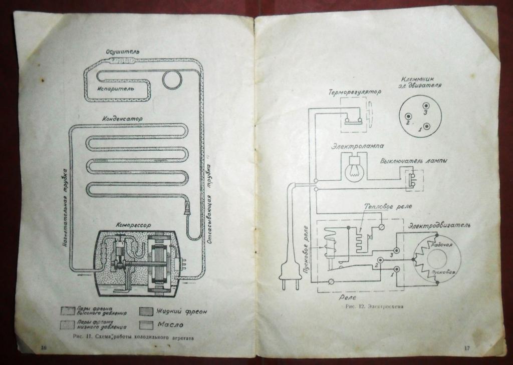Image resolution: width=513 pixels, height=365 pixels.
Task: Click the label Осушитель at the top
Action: pyautogui.click(x=123, y=52)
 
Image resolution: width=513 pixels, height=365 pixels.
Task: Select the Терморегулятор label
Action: pyautogui.click(x=355, y=93)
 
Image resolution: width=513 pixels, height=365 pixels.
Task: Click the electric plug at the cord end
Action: pyautogui.click(x=289, y=275)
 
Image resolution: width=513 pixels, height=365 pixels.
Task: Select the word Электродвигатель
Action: pyautogui.click(x=439, y=226)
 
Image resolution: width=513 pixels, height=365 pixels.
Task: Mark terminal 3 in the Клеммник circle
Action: pyautogui.click(x=426, y=106)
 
